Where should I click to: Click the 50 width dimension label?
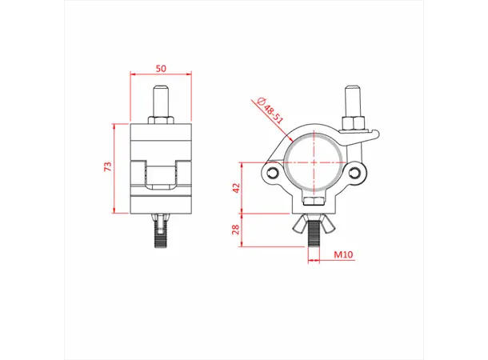pyautogui.click(x=161, y=69)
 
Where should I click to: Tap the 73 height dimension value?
pyautogui.click(x=106, y=166)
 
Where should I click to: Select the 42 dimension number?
pyautogui.click(x=236, y=189)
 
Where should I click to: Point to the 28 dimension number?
pyautogui.click(x=236, y=230)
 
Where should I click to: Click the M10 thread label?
pyautogui.click(x=343, y=255)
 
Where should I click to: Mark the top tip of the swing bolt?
pyautogui.click(x=351, y=90)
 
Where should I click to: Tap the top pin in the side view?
pyautogui.click(x=161, y=102)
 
